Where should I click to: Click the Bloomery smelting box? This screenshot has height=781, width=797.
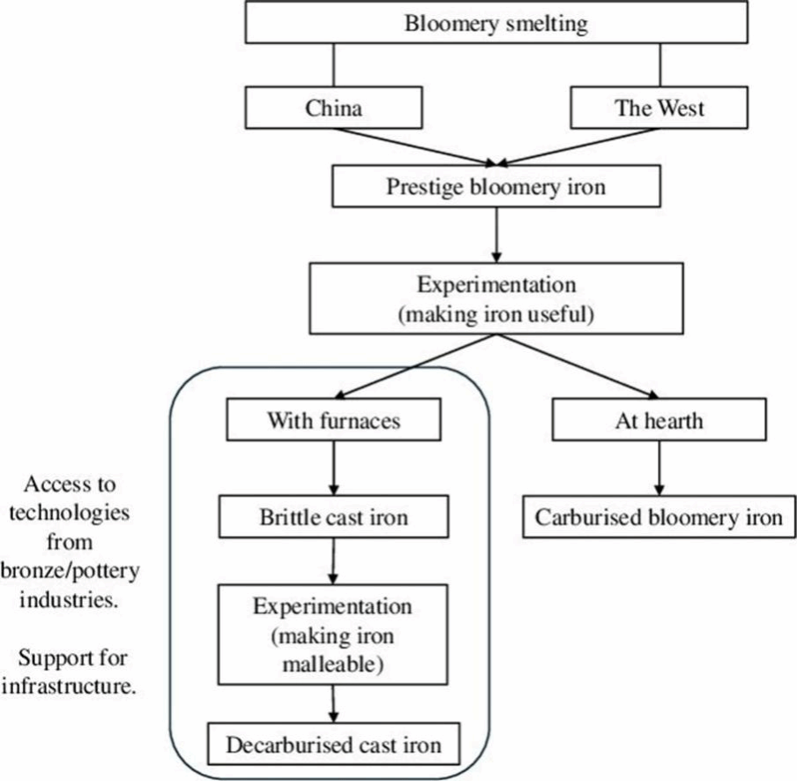tap(496, 24)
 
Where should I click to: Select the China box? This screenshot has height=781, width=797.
tap(334, 109)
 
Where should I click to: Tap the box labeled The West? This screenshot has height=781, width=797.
tap(660, 109)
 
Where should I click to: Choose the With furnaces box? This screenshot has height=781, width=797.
tap(333, 420)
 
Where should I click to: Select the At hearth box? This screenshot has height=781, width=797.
tap(659, 420)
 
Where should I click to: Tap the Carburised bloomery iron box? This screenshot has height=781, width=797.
tap(659, 516)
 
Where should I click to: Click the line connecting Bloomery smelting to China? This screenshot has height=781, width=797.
tap(334, 66)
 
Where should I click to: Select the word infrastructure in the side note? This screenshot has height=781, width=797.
tap(68, 686)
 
